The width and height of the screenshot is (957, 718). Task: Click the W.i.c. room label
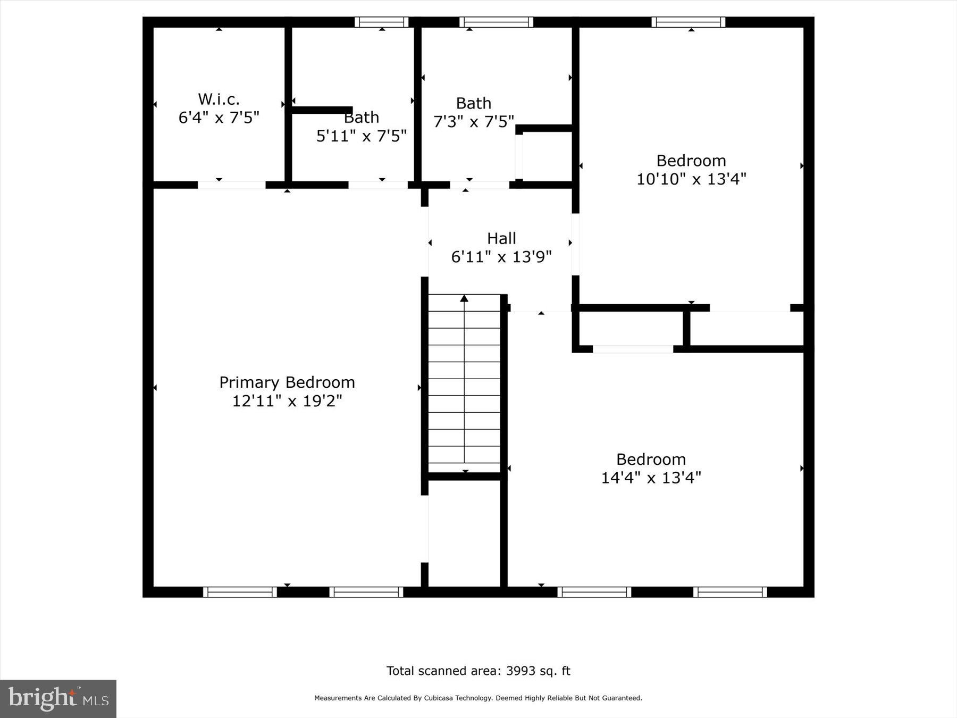coord(219,99)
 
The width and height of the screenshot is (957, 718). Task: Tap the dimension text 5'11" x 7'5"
coord(361,136)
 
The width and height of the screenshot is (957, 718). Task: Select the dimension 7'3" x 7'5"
coord(473,122)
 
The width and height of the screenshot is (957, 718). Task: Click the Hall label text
coord(501,238)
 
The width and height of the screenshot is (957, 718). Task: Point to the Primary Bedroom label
coord(287,382)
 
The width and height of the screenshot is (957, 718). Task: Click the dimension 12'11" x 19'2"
coord(287,401)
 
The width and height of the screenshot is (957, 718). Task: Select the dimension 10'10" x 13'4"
coord(691,179)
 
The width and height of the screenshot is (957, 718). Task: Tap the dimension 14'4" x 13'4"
coord(651,478)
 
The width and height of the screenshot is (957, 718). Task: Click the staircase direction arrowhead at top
coord(464,298)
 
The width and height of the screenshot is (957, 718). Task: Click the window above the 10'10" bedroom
coord(688,22)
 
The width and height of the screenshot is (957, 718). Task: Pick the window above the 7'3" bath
coord(496,22)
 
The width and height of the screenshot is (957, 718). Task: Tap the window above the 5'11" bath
coord(381,22)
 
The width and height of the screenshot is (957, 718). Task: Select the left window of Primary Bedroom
coord(240,592)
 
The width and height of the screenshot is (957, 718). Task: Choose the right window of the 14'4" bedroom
coord(729,592)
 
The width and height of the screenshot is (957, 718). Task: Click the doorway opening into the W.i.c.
coord(231,185)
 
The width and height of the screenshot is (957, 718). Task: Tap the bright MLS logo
coord(58,698)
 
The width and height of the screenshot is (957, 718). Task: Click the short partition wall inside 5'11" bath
coord(322,110)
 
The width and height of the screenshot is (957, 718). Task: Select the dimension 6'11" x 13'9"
coord(501,257)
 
